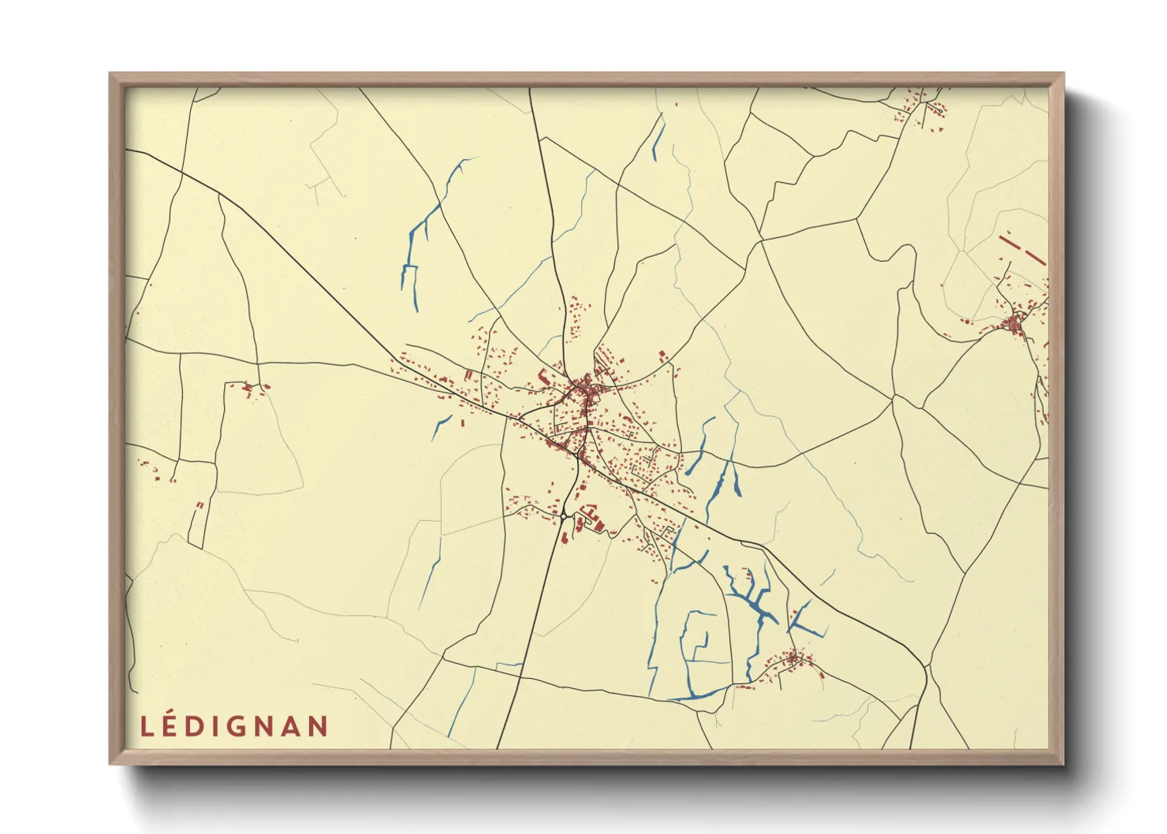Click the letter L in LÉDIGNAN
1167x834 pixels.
147,727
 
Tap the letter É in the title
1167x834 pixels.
173,727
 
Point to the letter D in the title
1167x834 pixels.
197,727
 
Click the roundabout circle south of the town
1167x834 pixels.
565,517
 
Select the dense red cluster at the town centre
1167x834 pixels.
584,389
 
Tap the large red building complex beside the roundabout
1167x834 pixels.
590,520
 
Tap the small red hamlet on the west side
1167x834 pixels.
251,388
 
